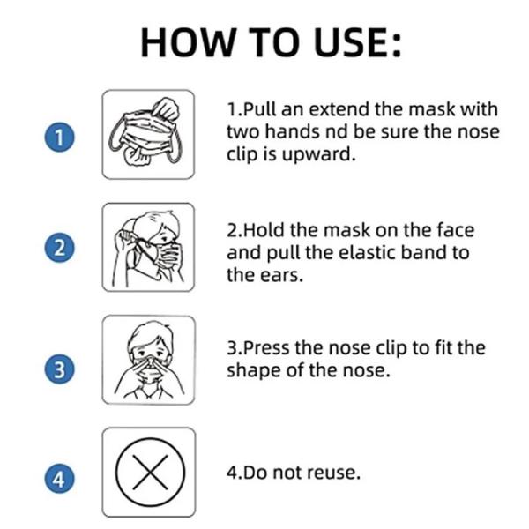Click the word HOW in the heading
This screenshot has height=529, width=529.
[188, 43]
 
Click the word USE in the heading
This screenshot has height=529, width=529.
[348, 43]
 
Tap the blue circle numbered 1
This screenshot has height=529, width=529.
[59, 138]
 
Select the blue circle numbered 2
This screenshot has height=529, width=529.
[59, 248]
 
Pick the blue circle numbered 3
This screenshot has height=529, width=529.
[59, 369]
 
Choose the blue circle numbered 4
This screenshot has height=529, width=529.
[59, 479]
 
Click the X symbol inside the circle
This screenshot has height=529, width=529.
[150, 472]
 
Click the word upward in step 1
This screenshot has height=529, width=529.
[318, 155]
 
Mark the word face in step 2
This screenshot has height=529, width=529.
[456, 230]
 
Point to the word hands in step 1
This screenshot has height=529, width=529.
[292, 131]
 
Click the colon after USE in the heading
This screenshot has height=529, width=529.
[396, 45]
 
